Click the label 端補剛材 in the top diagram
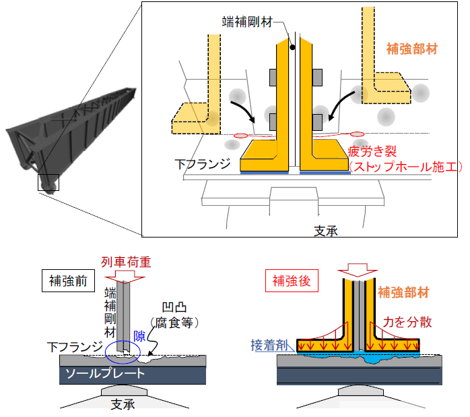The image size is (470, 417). click(x=247, y=22)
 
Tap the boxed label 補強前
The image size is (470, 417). click(x=68, y=281)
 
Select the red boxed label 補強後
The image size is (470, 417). click(x=292, y=281)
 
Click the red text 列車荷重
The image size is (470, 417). click(x=126, y=262)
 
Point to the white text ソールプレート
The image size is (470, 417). click(x=105, y=373)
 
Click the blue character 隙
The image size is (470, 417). click(x=139, y=336)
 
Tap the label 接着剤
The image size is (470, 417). click(x=269, y=345)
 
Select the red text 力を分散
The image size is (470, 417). click(x=407, y=322)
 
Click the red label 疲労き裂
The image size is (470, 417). click(x=372, y=152)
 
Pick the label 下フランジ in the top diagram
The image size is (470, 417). click(x=203, y=164)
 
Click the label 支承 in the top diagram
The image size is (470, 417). click(x=326, y=231)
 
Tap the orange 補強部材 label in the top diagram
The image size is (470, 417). click(x=412, y=49)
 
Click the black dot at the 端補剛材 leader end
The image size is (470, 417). click(x=292, y=47)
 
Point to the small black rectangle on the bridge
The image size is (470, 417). click(x=48, y=182)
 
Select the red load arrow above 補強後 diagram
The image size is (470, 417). click(x=358, y=270)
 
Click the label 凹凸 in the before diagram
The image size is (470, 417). click(x=174, y=307)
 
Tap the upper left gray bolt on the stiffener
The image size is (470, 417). click(x=273, y=78)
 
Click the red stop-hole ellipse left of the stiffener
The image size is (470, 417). click(x=240, y=136)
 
